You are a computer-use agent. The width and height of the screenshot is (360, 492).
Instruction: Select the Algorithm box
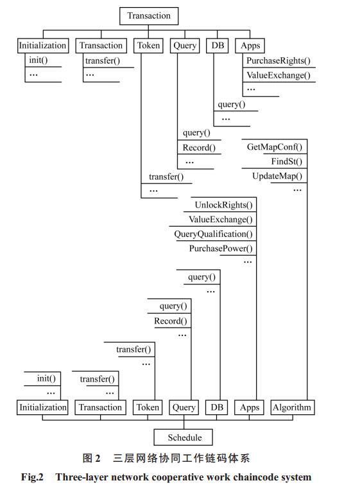(292, 407)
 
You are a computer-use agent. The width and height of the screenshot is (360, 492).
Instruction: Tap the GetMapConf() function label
(275, 147)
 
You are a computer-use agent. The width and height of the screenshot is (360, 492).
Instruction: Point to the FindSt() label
(287, 161)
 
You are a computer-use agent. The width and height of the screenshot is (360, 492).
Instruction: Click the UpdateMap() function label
(277, 176)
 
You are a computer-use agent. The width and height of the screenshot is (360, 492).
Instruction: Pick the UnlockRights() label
(223, 205)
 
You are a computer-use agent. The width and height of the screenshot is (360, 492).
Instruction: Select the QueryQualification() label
(213, 234)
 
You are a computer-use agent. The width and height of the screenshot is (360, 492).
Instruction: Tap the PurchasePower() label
(221, 249)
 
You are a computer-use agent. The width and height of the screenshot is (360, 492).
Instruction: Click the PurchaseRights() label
(278, 60)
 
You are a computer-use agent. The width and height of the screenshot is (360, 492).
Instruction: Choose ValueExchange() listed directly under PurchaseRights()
(278, 75)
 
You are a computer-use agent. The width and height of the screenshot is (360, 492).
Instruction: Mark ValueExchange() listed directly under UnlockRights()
(221, 219)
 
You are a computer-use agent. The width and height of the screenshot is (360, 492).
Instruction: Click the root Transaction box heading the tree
(149, 16)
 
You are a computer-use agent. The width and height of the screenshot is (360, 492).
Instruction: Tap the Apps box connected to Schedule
(249, 407)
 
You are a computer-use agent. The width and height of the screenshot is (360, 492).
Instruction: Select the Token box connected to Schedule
(148, 407)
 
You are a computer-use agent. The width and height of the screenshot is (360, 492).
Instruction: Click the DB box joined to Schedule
(217, 407)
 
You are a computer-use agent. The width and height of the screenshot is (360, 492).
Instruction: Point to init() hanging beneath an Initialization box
(39, 60)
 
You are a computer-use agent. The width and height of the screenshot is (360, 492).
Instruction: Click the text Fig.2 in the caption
(32, 477)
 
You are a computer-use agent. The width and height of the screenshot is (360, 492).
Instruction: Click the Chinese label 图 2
(91, 458)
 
